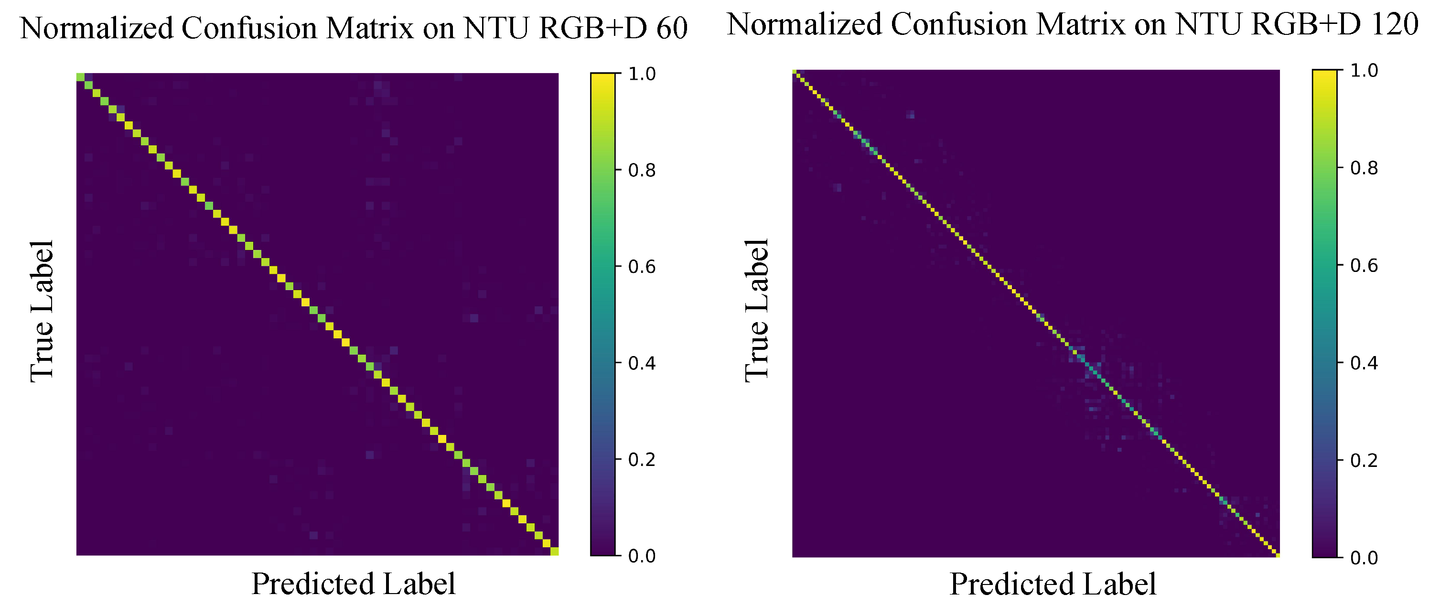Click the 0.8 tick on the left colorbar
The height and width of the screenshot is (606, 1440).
[641, 170]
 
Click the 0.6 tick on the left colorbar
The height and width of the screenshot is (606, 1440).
[641, 267]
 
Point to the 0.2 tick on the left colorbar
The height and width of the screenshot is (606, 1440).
[641, 460]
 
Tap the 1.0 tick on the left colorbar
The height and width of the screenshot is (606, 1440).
[641, 74]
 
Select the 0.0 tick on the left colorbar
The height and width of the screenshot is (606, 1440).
[641, 556]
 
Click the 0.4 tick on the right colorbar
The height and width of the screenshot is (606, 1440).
[1363, 363]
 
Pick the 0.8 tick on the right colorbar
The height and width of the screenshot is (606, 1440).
[1363, 168]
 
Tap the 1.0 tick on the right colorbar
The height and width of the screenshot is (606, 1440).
[1363, 70]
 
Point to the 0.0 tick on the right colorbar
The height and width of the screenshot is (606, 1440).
[1363, 558]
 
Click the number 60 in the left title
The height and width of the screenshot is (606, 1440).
[671, 28]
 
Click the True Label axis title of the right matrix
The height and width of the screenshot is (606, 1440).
[757, 310]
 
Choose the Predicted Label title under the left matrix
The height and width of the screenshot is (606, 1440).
[353, 584]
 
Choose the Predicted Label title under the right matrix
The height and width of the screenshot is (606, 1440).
[1053, 584]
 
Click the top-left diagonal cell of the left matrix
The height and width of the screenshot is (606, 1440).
[80, 76]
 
